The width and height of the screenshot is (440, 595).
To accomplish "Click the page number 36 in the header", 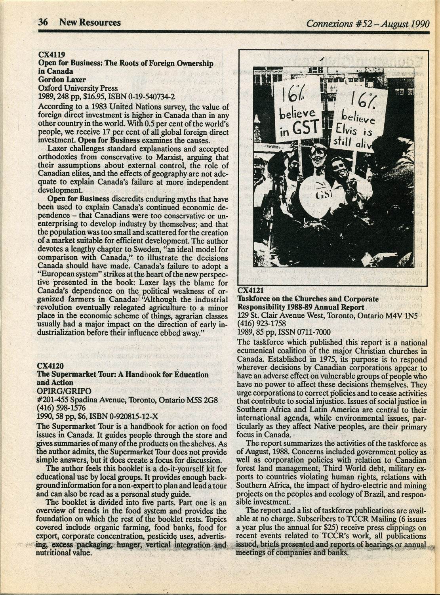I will [43, 23].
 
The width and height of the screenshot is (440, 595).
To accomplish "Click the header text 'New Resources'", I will [90, 23].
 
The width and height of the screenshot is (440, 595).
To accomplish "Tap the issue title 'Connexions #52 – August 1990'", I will [368, 23].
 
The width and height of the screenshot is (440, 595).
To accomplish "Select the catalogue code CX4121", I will [250, 290].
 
